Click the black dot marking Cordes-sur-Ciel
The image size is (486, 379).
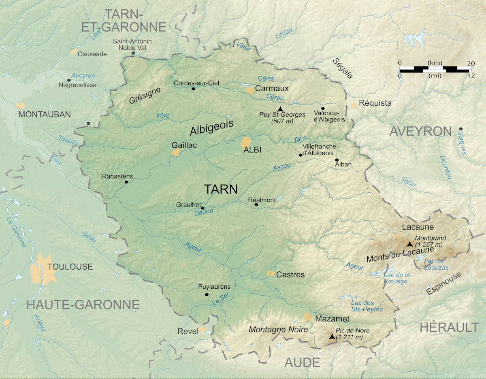[193, 89]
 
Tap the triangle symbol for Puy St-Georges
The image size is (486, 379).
[280, 109]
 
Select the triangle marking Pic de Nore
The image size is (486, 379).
[332, 336]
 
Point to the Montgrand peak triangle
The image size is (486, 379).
[410, 244]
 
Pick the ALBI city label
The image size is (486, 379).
[252, 150]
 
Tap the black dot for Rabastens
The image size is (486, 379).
[126, 182]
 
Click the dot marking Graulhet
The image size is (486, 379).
[203, 208]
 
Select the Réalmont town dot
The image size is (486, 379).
[256, 205]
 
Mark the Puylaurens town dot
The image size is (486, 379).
[207, 295]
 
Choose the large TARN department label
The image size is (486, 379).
[221, 189]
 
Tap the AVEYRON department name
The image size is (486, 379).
[420, 131]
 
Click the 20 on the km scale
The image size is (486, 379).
[471, 63]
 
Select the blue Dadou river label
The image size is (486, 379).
[204, 211]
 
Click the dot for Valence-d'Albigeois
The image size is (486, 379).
[323, 109]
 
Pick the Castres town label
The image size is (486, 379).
[290, 275]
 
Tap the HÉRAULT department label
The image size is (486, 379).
[449, 327]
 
